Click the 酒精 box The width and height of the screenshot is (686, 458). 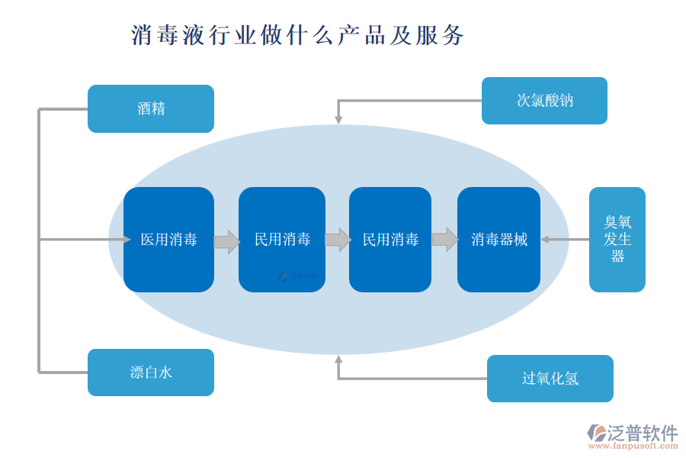tap(151, 108)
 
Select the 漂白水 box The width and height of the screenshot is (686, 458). tap(151, 373)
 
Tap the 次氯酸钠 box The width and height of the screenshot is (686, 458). tap(544, 100)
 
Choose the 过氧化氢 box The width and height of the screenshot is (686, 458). tap(550, 379)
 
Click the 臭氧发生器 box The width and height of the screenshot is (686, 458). tap(617, 239)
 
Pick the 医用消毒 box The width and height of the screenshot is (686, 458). tap(168, 240)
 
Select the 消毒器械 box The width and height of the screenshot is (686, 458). tap(498, 240)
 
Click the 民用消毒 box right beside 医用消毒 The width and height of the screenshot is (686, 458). tap(282, 240)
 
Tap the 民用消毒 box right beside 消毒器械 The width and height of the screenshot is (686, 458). tap(390, 240)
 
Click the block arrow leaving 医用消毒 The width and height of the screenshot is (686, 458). tap(226, 241)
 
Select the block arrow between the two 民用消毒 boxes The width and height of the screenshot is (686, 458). tap(337, 240)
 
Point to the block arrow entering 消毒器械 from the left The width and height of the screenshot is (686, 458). tap(444, 240)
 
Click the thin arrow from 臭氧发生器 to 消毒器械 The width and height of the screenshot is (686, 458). tap(565, 240)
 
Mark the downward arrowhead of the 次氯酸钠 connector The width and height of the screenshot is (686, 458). tap(338, 119)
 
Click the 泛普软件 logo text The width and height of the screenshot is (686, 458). tap(641, 434)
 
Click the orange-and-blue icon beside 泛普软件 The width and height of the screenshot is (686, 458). tap(595, 433)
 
